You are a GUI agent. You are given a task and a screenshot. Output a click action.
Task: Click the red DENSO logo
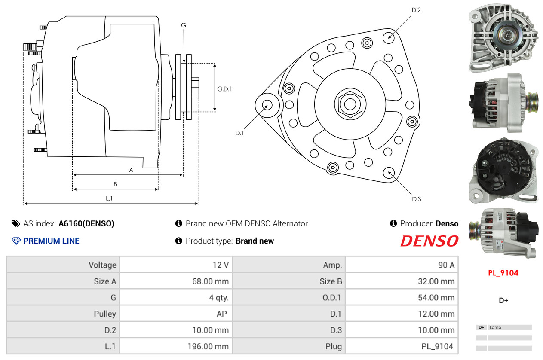click(x=429, y=241)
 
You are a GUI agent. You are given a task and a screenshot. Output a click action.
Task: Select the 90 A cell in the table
click(x=446, y=265)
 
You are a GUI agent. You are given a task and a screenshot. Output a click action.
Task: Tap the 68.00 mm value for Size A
click(x=210, y=281)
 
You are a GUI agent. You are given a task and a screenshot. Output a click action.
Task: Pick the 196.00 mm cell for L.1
click(x=208, y=346)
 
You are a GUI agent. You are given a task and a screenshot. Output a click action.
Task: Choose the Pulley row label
click(x=105, y=314)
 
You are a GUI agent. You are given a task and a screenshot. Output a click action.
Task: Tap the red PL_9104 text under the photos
click(x=503, y=273)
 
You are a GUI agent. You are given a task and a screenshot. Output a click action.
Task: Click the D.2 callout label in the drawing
click(x=416, y=10)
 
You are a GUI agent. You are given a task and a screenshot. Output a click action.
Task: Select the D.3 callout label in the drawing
click(x=416, y=199)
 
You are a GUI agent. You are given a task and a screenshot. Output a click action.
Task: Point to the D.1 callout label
click(x=239, y=133)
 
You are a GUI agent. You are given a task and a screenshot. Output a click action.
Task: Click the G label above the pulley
click(x=184, y=25)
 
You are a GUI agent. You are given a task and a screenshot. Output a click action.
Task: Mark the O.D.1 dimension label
click(x=225, y=89)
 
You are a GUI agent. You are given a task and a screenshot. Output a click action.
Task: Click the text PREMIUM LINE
click(x=51, y=241)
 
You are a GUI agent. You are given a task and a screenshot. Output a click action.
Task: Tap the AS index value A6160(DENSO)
click(x=86, y=223)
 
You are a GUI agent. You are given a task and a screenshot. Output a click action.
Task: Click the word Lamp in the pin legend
click(x=495, y=327)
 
